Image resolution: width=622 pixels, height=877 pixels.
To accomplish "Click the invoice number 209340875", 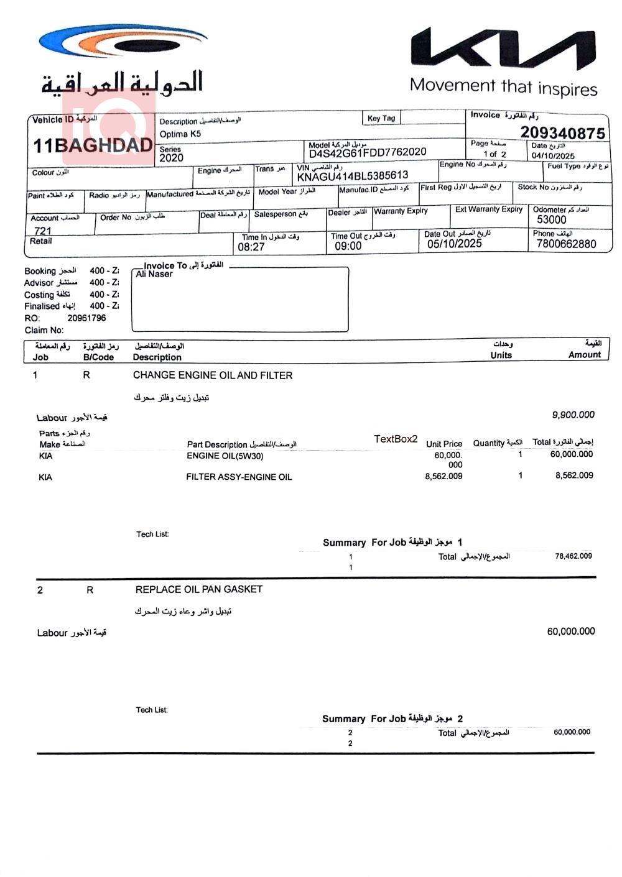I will pyautogui.click(x=562, y=132).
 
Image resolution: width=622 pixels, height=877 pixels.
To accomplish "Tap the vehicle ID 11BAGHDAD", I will pyautogui.click(x=93, y=145).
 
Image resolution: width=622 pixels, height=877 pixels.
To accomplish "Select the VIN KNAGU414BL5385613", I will pyautogui.click(x=353, y=176).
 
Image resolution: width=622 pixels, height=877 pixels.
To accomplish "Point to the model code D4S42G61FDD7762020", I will pyautogui.click(x=368, y=152).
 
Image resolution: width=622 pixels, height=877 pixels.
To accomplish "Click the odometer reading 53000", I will pyautogui.click(x=551, y=219).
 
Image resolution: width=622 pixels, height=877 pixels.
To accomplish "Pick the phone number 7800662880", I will pyautogui.click(x=565, y=244).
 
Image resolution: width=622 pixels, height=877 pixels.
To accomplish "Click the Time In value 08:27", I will pyautogui.click(x=251, y=247).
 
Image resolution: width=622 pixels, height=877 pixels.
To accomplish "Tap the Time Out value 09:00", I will pyautogui.click(x=348, y=246).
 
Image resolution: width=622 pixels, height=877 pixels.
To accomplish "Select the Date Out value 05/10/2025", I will pyautogui.click(x=454, y=244).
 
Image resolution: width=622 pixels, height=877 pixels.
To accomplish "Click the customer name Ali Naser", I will pyautogui.click(x=154, y=274).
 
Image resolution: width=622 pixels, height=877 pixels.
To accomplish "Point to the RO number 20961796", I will pyautogui.click(x=86, y=318).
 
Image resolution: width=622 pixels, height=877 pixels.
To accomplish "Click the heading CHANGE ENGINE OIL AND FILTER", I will pyautogui.click(x=213, y=375).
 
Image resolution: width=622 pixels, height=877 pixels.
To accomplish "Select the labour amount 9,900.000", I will pyautogui.click(x=573, y=415).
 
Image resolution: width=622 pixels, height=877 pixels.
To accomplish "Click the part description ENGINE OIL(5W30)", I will pyautogui.click(x=225, y=456).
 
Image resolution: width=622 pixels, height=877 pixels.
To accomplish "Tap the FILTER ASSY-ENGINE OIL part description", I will pyautogui.click(x=239, y=477).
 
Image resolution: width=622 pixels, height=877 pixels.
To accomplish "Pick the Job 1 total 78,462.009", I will pyautogui.click(x=573, y=556).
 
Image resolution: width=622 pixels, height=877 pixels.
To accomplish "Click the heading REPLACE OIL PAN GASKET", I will pyautogui.click(x=199, y=589).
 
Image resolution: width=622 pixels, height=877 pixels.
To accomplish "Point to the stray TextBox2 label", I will pyautogui.click(x=396, y=439).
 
